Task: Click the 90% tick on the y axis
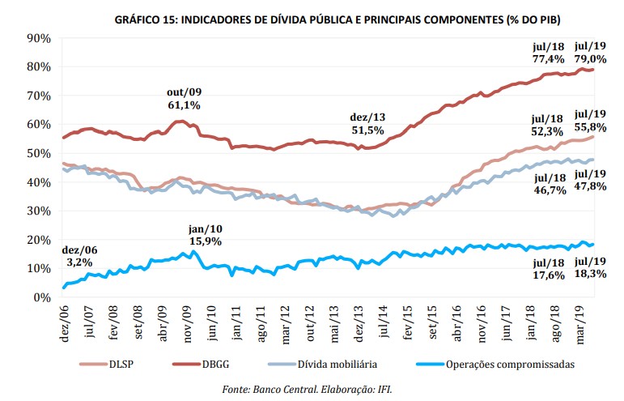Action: (x=40, y=38)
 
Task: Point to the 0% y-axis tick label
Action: (x=43, y=297)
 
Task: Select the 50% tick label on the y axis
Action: (x=40, y=153)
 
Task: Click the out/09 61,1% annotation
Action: (x=185, y=97)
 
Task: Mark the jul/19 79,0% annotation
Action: (x=590, y=52)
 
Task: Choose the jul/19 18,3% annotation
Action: (x=591, y=267)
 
